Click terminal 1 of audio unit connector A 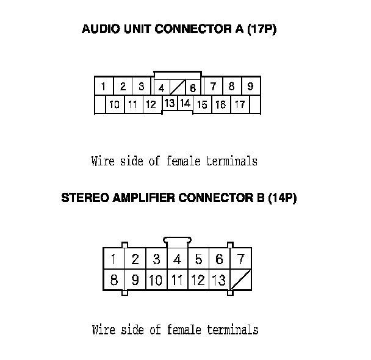[104, 86]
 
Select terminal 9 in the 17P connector [250, 86]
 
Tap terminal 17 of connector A [240, 105]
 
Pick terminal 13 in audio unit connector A [170, 103]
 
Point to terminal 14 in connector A [185, 103]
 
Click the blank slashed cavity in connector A [177, 87]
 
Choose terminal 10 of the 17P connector [114, 105]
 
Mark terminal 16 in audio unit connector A [220, 105]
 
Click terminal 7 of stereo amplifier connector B [240, 259]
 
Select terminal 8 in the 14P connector [114, 281]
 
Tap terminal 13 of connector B [219, 281]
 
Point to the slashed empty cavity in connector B [240, 281]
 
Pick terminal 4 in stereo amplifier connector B [177, 259]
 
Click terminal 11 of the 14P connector [177, 281]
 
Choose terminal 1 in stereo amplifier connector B [114, 259]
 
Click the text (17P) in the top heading [262, 29]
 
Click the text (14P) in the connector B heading [283, 198]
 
